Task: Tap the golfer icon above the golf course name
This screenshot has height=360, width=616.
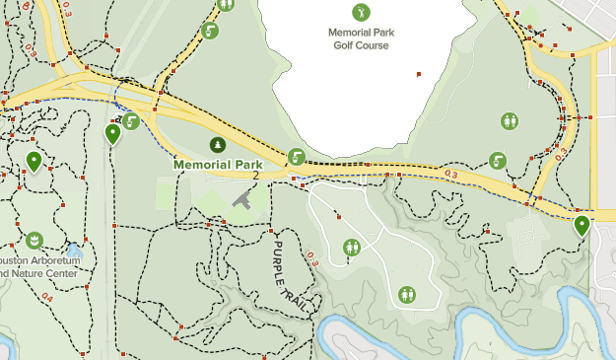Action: [362, 12]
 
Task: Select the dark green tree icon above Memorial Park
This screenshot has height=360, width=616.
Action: [218, 145]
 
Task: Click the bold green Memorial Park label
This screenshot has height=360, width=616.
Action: [219, 164]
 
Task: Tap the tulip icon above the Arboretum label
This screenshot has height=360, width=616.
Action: [34, 240]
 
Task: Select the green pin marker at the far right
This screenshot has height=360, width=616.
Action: [582, 226]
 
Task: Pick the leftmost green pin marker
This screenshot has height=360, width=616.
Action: [34, 161]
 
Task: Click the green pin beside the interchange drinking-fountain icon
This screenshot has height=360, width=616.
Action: [113, 133]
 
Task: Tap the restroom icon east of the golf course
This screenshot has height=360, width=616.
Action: [510, 120]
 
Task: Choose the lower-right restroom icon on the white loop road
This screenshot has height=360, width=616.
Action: [407, 294]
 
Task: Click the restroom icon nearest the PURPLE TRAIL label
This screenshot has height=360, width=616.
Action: [352, 247]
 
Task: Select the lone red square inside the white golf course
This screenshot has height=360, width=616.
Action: [419, 74]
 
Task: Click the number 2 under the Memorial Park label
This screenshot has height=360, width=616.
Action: [254, 175]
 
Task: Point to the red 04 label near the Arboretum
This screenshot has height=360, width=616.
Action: [46, 295]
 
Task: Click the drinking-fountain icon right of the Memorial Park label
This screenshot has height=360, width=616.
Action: [296, 156]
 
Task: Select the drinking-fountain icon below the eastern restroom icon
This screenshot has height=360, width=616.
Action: [498, 160]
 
